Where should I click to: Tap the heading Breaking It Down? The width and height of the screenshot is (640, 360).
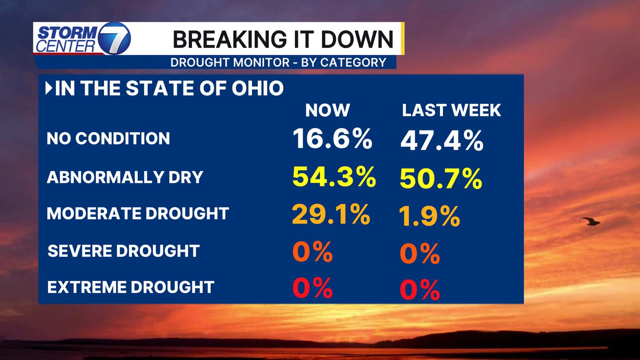click(283, 39)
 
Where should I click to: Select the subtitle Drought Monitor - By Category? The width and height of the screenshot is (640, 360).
click(278, 62)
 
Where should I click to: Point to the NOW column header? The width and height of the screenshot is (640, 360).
click(328, 110)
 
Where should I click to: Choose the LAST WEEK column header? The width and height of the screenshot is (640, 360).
click(452, 110)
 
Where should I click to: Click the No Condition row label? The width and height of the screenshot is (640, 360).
click(108, 139)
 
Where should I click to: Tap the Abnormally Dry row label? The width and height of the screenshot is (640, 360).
click(125, 177)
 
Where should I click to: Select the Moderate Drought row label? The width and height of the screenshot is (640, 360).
click(138, 214)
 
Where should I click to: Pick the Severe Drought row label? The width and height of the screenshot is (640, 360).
click(124, 251)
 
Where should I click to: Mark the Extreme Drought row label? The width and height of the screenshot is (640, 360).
click(131, 287)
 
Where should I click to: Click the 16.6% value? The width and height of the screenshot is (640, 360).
click(332, 139)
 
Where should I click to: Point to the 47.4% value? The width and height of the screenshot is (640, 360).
click(442, 141)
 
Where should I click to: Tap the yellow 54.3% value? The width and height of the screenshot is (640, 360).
click(334, 177)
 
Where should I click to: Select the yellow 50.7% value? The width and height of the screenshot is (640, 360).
click(441, 179)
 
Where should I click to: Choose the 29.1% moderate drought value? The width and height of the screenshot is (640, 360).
click(331, 215)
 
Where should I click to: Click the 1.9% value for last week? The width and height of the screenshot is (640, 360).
click(429, 216)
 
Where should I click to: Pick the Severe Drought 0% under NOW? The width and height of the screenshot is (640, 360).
click(312, 252)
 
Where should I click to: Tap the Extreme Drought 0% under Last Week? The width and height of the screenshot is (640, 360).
click(420, 290)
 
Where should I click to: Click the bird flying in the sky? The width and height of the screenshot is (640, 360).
click(591, 221)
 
